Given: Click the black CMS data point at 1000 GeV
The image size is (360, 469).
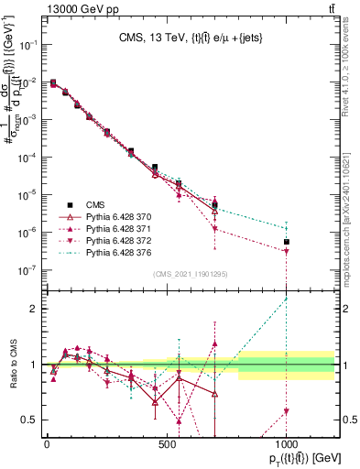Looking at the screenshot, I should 287,242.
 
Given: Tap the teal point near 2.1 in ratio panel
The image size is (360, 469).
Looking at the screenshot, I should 287,299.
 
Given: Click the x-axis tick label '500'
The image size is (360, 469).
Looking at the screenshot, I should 167,443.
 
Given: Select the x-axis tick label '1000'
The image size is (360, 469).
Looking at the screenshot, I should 287,443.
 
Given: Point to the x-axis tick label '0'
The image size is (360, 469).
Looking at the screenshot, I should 47,443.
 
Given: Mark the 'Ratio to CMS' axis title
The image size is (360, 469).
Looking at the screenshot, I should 11,365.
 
